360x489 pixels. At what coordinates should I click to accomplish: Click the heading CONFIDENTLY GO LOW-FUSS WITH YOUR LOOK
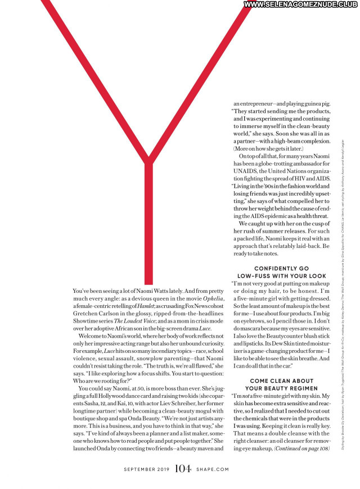[x=290, y=272]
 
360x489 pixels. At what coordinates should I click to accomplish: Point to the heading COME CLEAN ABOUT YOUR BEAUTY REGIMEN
[x=290, y=384]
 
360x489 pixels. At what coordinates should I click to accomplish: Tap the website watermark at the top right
[x=301, y=4]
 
